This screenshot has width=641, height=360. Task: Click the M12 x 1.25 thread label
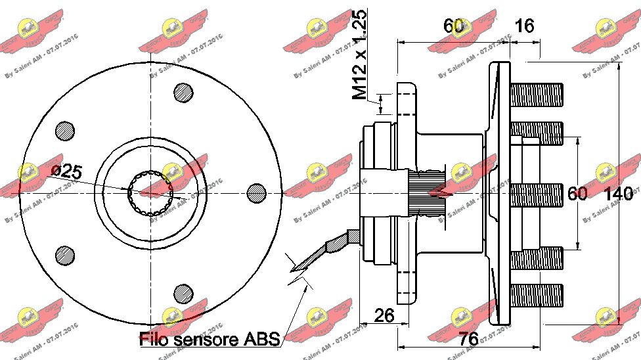(x=359, y=55)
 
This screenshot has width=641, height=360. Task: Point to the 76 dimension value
(x=468, y=340)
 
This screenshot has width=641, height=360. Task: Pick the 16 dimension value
(x=525, y=26)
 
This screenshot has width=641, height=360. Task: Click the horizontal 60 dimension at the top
(x=453, y=26)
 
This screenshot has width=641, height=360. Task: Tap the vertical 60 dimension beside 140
(x=577, y=194)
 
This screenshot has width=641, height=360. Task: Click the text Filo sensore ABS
(x=210, y=339)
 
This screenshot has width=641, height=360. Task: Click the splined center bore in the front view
(x=152, y=192)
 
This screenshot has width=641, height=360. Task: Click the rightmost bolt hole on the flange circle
(x=257, y=192)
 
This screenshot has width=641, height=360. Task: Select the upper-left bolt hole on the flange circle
(x=64, y=130)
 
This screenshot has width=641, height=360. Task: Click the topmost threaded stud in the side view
(x=537, y=93)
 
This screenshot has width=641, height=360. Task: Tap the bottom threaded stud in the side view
(x=537, y=294)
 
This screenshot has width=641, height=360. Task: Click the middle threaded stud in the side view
(x=537, y=194)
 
